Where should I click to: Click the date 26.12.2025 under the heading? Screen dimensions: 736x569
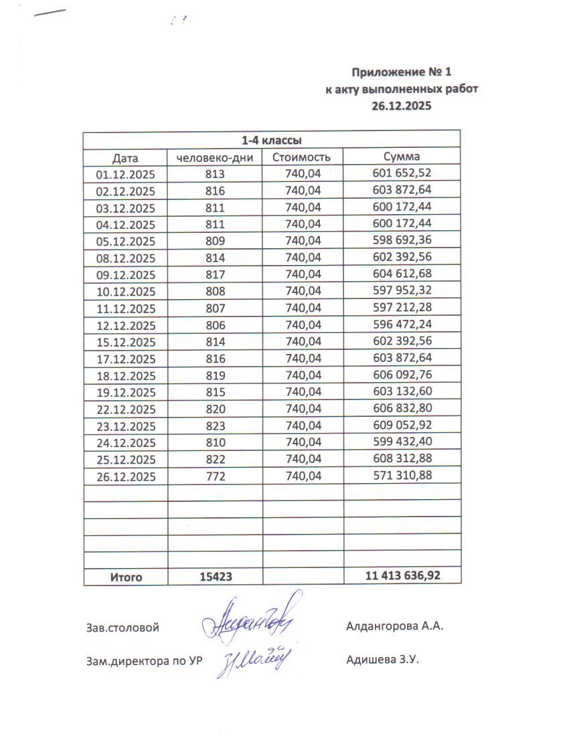click(402, 106)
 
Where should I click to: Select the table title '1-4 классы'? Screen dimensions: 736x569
click(271, 141)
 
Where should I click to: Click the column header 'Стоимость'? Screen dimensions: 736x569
click(302, 158)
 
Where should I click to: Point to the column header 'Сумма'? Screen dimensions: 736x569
click(402, 157)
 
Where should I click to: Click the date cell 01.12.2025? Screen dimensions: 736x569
click(126, 175)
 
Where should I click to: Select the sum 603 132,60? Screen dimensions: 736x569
click(402, 392)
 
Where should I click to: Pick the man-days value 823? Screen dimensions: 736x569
click(215, 426)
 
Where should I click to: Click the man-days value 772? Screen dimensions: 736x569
click(215, 476)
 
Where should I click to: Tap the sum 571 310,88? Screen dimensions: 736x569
click(402, 476)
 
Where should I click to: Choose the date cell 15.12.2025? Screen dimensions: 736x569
click(126, 342)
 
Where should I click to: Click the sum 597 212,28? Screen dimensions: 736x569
click(402, 308)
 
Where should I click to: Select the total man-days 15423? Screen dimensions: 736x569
click(216, 576)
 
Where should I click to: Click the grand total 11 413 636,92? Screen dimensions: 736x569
click(403, 575)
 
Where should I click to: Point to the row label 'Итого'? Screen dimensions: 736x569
click(126, 577)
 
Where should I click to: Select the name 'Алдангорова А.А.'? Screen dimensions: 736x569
click(395, 628)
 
